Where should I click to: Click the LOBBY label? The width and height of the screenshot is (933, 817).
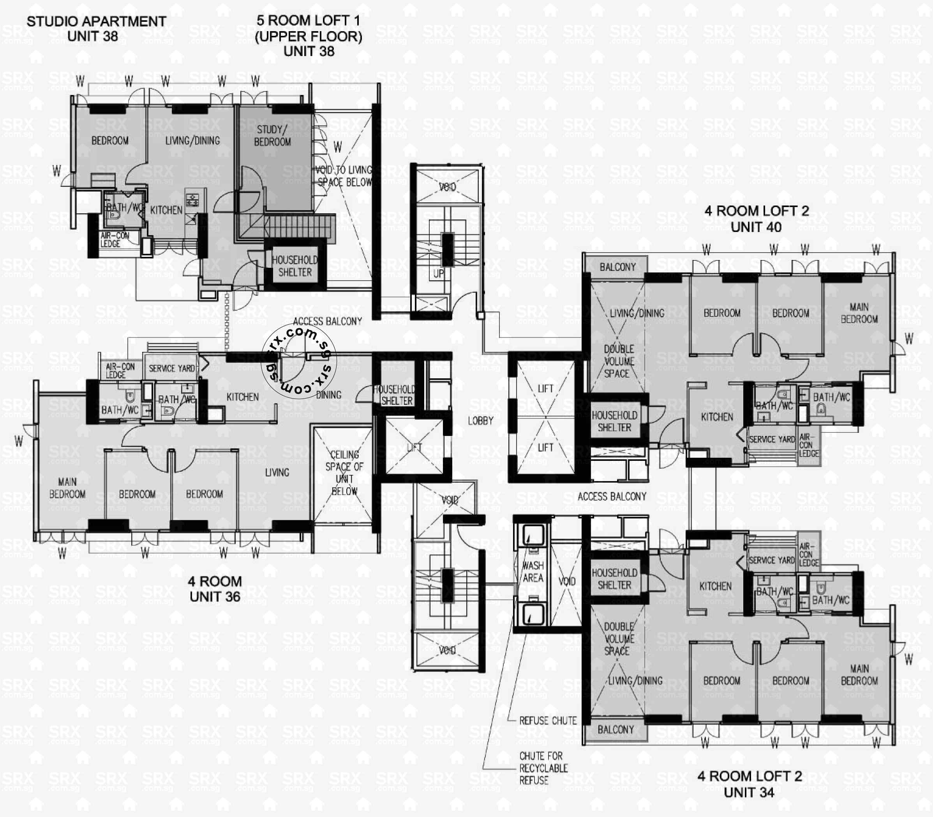(x=480, y=421)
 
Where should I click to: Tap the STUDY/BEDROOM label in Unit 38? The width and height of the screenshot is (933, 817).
(x=272, y=136)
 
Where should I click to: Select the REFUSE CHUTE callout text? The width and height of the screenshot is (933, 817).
(x=548, y=721)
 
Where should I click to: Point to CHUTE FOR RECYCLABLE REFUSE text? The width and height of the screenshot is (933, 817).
(x=543, y=768)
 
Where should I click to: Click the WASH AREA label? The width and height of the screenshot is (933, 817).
(x=533, y=572)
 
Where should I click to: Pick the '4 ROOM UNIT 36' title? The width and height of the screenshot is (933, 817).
(x=215, y=589)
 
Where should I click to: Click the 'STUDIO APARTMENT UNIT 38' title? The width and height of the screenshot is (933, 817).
(x=96, y=29)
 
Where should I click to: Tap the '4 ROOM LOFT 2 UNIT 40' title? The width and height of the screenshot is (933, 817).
(x=757, y=219)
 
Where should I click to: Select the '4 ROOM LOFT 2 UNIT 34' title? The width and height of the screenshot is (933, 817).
(x=749, y=784)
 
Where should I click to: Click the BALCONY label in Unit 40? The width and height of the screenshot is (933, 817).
(x=617, y=267)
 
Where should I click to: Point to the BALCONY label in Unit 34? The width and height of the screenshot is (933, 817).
(x=616, y=730)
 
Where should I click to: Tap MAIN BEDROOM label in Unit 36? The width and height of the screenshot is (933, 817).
(x=67, y=488)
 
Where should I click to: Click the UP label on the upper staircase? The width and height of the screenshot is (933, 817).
(x=438, y=274)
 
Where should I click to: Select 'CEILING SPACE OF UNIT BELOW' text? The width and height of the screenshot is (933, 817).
(x=344, y=473)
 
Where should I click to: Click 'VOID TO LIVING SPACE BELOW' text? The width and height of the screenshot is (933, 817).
(x=344, y=176)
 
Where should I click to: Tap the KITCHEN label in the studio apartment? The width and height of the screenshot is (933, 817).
(x=166, y=210)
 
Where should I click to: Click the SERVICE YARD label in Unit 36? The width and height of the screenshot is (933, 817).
(x=171, y=368)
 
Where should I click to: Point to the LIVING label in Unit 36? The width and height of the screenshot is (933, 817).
(x=277, y=473)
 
